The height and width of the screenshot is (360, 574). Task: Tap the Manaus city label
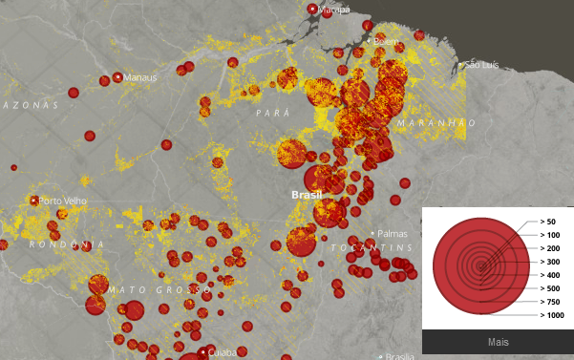[139, 76]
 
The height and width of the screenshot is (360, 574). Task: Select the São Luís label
[480, 65]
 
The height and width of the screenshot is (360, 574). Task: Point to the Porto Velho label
[64, 201]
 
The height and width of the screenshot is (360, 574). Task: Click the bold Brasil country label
[307, 195]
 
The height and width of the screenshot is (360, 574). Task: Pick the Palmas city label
[393, 233]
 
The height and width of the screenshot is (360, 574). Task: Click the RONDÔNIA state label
[67, 245]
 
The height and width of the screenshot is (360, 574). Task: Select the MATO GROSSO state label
[159, 289]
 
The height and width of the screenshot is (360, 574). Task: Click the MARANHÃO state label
[436, 123]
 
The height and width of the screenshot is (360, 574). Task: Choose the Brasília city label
[400, 356]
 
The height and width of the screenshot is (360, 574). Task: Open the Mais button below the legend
[498, 341]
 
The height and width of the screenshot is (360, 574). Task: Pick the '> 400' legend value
[550, 275]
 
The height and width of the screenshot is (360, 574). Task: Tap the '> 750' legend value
[550, 302]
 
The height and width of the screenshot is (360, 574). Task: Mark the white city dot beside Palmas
[372, 233]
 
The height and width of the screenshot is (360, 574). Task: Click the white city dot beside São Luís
[461, 65]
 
